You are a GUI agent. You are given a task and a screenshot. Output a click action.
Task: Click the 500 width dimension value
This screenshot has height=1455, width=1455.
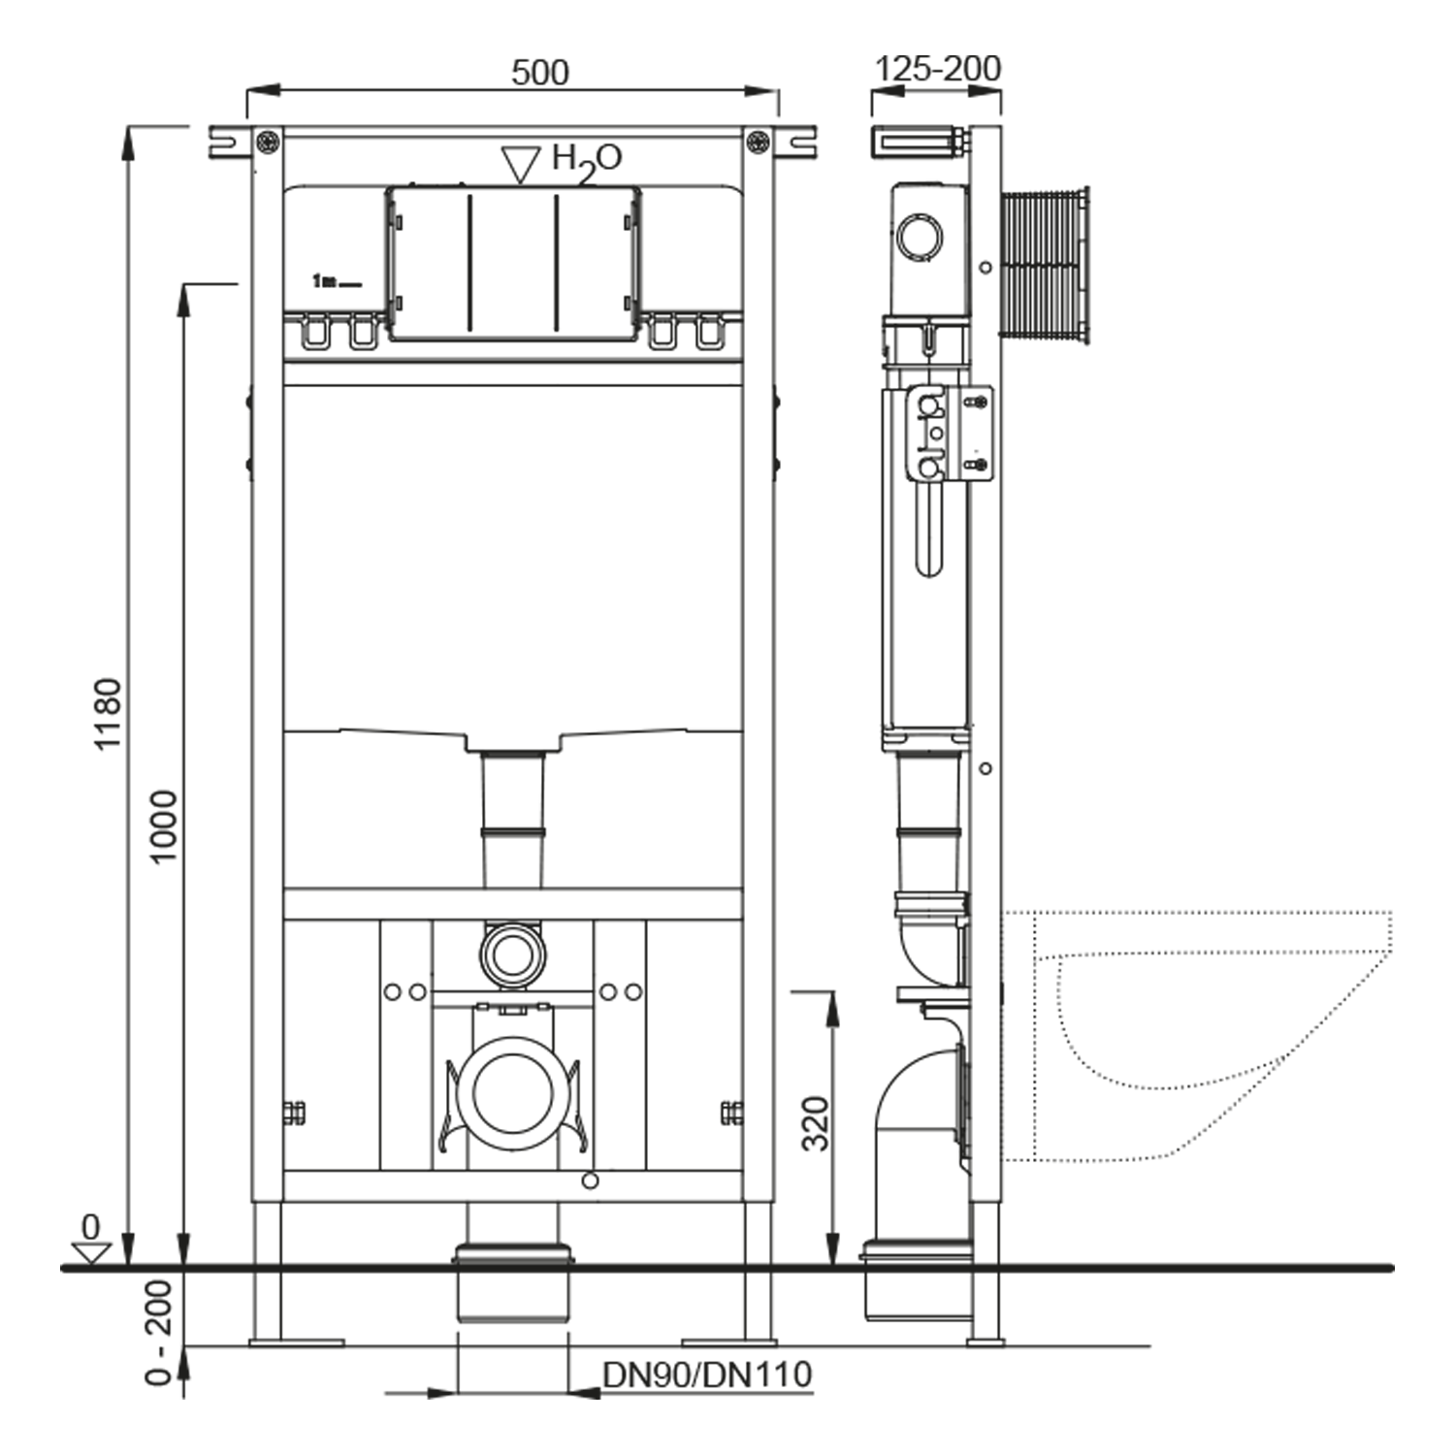coord(539,73)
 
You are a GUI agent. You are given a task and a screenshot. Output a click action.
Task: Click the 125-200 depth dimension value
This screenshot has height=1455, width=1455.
coord(937,69)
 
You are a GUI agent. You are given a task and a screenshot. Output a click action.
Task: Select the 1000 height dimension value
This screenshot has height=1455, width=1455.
coord(164,825)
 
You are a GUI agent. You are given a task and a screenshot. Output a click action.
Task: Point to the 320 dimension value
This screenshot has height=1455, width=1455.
coord(816,1123)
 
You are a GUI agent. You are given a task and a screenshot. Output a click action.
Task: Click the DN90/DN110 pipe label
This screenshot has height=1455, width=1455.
coord(706,1374)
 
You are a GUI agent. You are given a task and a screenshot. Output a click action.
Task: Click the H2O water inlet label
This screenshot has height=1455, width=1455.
coord(586,160)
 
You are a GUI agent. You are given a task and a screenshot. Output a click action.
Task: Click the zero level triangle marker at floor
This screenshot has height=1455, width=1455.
coord(92,1252)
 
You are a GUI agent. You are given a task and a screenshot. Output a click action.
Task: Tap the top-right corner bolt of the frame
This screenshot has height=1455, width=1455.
coord(759,143)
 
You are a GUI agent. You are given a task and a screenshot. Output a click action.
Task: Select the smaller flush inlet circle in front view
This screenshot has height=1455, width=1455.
coord(512,954)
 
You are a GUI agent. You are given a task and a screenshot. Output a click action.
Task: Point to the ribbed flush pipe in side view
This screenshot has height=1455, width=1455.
coord(1044,264)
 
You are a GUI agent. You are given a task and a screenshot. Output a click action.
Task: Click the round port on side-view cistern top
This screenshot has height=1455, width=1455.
coord(919,236)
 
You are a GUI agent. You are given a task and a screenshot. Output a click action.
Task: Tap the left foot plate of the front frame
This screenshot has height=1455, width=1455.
coord(296,1342)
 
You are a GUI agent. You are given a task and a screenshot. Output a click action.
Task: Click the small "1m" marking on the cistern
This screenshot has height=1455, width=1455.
coord(324,281)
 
